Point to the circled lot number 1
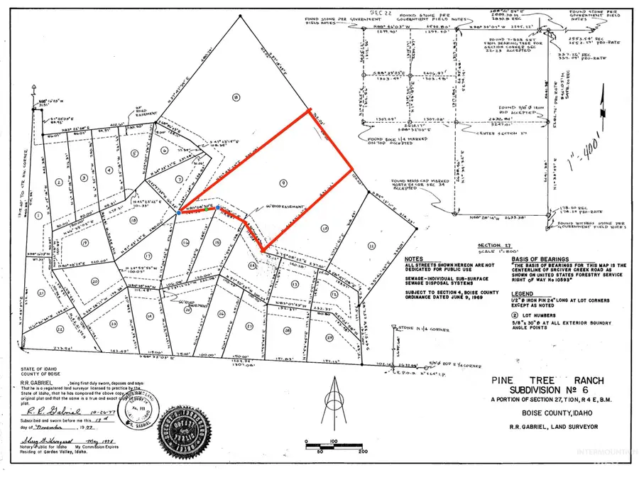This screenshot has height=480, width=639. tap(36, 214)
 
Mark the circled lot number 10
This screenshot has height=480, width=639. tap(324, 228)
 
